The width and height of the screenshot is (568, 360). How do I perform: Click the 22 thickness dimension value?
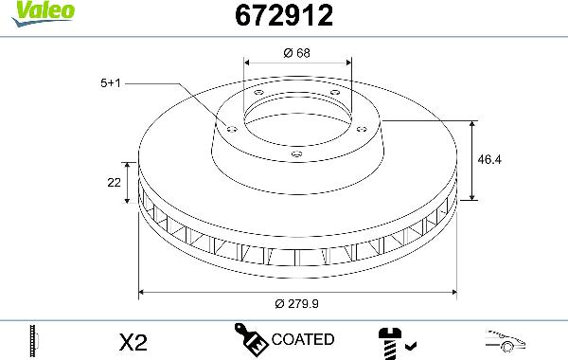pos(115,183)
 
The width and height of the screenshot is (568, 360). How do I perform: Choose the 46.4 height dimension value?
pos(489,160)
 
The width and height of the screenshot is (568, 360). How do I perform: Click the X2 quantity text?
pos(135,341)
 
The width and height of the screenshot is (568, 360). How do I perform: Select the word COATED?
pos(302,339)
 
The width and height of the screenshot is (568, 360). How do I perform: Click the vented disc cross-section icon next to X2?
pos(33,340)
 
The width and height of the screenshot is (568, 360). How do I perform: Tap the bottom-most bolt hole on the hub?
pos(296,153)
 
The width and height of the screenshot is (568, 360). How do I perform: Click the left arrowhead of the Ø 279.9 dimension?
pos(143,291)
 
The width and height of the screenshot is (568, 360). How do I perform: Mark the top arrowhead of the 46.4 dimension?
pos(472,124)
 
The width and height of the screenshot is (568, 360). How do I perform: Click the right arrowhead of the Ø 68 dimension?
pos(346,64)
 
